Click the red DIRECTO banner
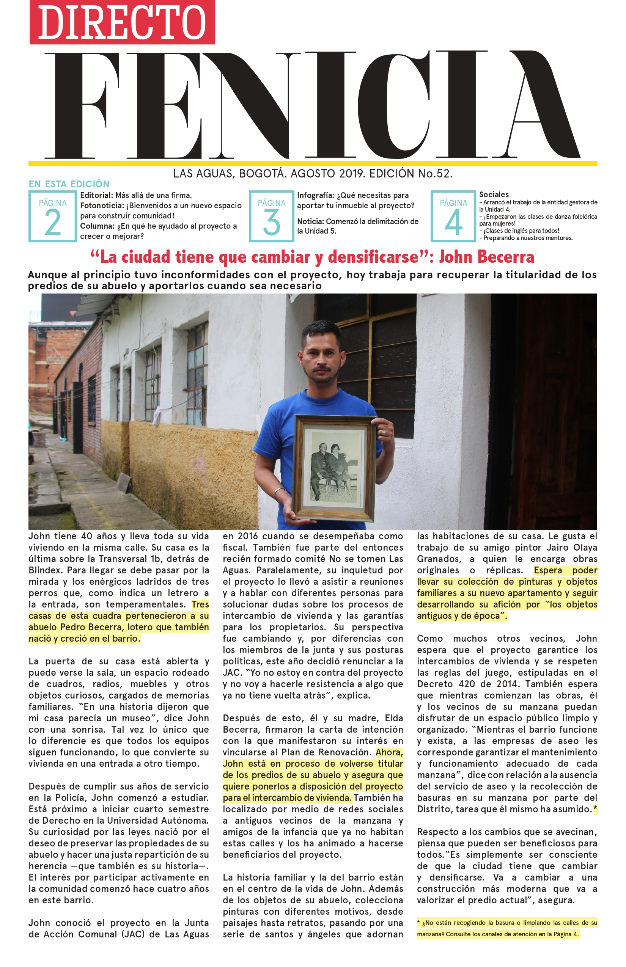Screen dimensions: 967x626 122,22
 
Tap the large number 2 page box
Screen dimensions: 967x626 52,216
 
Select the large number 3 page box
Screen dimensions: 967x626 271,216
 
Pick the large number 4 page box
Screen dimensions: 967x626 453,216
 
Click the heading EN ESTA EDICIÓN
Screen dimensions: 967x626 69,184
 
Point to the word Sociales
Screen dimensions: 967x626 494,195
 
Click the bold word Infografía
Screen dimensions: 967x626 315,195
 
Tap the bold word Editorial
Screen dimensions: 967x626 96,195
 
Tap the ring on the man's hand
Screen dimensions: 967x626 383,433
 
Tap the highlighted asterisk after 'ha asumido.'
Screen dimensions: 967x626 595,809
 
